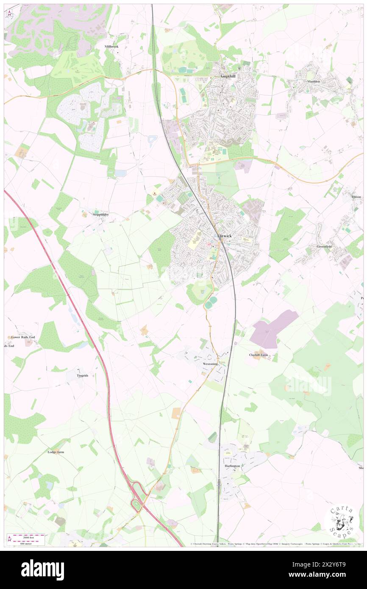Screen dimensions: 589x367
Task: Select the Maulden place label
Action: (x=314, y=81)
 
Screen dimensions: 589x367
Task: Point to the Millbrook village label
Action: (x=112, y=46)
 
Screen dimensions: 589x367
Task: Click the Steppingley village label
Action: (x=101, y=214)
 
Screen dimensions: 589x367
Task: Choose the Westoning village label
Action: (x=210, y=364)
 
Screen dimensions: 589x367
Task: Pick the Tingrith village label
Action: (x=83, y=375)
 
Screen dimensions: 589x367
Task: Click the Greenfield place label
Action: (x=324, y=246)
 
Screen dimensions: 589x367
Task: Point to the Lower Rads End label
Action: (x=23, y=337)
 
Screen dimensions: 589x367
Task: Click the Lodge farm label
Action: (x=56, y=452)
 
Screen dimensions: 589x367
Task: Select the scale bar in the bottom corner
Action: (x=26, y=539)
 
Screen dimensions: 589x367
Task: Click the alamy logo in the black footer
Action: (x=43, y=570)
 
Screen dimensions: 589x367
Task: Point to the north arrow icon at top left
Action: (x=10, y=13)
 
